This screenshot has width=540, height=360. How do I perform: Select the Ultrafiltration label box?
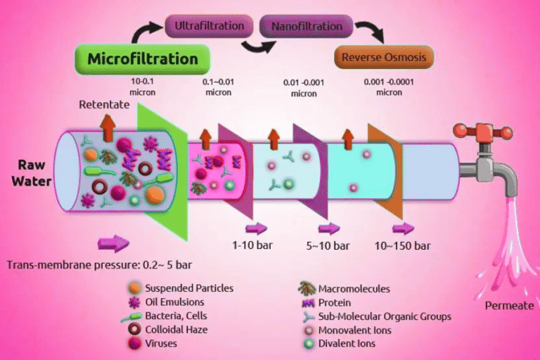[209, 27]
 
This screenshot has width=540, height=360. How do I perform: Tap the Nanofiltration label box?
[306, 27]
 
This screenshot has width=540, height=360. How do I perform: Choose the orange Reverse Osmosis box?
[384, 56]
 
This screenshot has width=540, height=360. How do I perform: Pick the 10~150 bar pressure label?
[403, 245]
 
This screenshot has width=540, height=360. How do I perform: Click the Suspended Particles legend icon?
[134, 288]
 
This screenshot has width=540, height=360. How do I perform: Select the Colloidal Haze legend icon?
[134, 330]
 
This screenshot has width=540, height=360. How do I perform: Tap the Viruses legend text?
[163, 344]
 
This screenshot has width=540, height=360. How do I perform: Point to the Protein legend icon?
[307, 302]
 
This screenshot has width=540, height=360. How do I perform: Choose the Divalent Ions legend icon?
[307, 344]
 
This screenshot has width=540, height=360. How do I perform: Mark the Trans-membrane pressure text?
[99, 265]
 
